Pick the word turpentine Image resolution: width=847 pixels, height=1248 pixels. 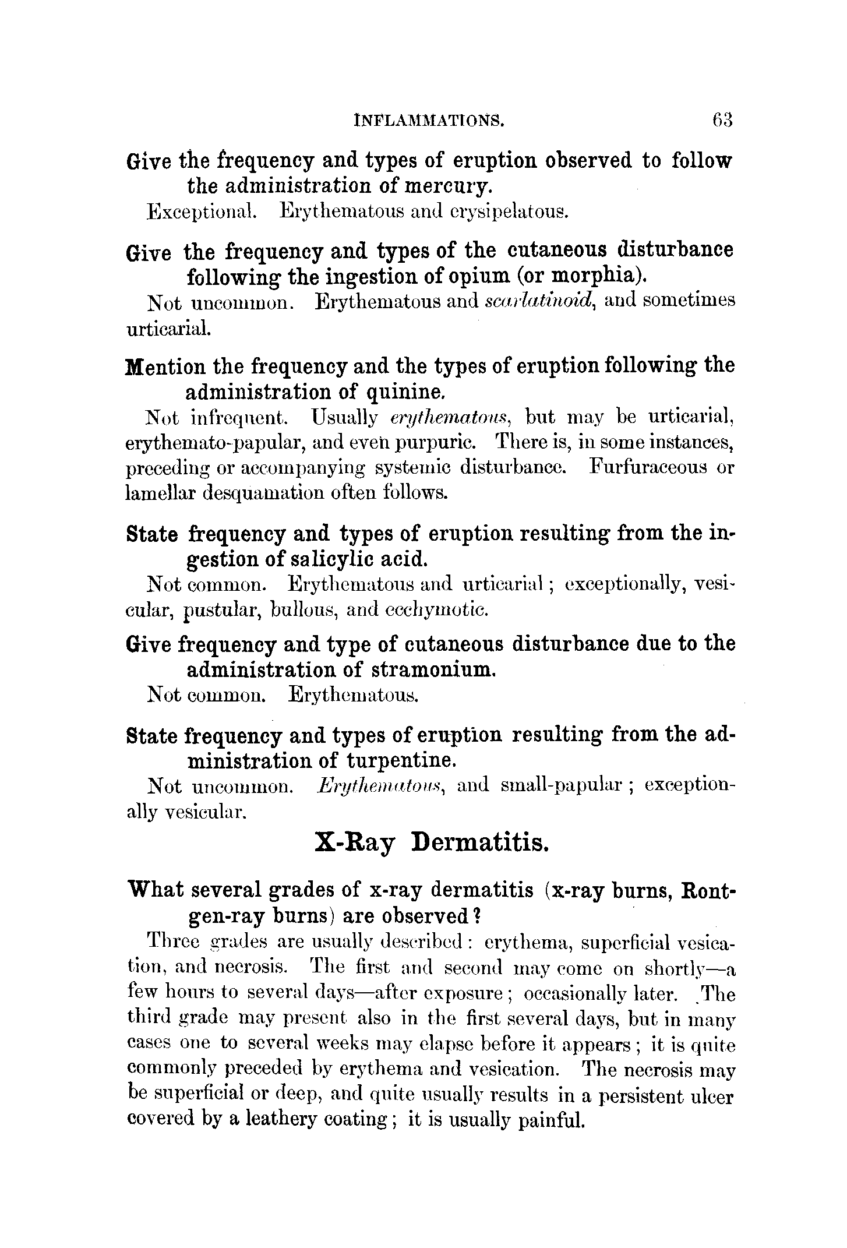pyautogui.click(x=401, y=761)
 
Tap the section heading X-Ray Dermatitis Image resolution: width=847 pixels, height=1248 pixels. pyautogui.click(x=431, y=842)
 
